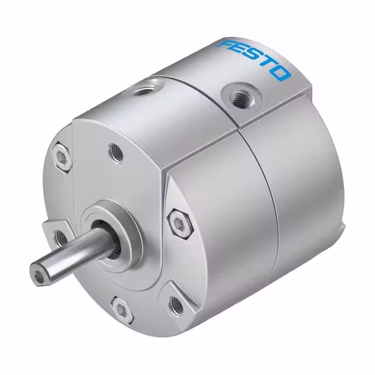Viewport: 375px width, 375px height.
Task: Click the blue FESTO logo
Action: pos(253,59)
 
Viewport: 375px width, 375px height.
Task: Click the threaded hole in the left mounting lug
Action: pos(60,237)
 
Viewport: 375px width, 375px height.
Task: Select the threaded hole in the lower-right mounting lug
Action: pos(174,303)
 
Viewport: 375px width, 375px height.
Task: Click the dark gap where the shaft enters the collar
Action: pos(111,240)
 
